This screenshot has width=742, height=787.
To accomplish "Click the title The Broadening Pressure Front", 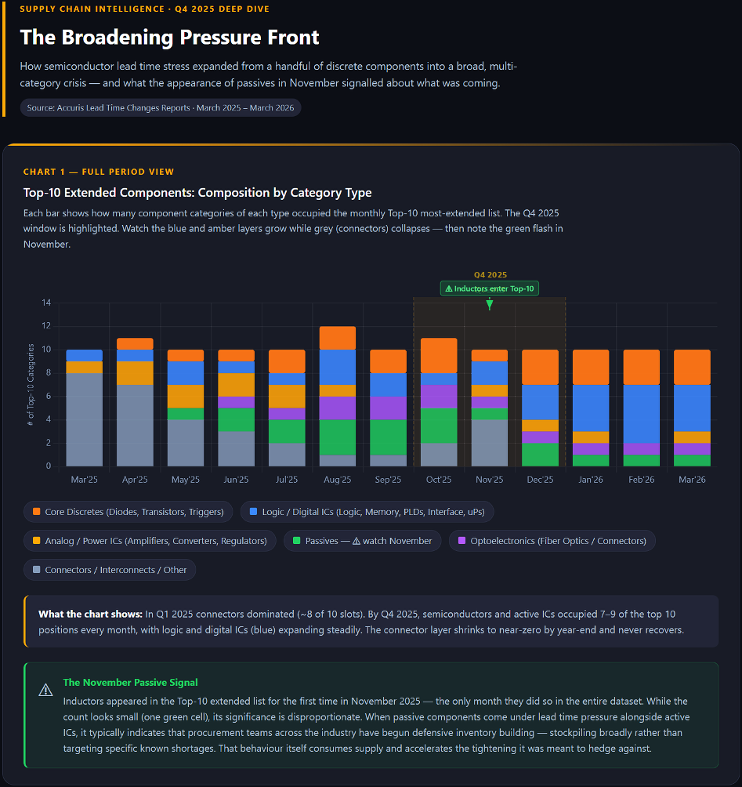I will (169, 37).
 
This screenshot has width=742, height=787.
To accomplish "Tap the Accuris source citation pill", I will (161, 107).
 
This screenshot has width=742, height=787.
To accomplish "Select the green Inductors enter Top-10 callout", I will (490, 288).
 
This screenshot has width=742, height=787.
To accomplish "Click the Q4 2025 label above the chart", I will (490, 274).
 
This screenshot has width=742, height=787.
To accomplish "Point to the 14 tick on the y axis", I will (46, 303).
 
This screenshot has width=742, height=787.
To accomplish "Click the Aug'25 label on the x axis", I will (337, 480).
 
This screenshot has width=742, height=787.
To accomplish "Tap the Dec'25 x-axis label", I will (540, 480).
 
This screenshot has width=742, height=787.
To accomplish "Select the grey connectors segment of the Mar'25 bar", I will (85, 419).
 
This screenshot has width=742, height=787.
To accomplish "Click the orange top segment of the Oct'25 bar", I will (439, 355).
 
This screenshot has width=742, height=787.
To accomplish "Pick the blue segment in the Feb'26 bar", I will (641, 413).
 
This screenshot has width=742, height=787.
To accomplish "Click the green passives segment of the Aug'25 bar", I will (337, 437).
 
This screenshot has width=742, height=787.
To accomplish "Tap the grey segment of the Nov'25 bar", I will (490, 443).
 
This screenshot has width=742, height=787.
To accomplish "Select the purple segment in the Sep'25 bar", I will (388, 408).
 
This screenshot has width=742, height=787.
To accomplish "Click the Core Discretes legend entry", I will (128, 512).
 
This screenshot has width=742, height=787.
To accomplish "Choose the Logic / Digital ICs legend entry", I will (367, 512).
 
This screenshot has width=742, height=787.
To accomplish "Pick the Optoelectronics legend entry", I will (552, 541).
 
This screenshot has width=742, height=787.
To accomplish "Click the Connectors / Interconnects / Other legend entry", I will (110, 570).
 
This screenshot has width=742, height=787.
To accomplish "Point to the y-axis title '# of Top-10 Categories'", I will (31, 384).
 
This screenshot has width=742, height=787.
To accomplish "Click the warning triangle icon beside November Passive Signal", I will (45, 690).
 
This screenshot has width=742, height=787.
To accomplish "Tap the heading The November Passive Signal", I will (130, 683).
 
